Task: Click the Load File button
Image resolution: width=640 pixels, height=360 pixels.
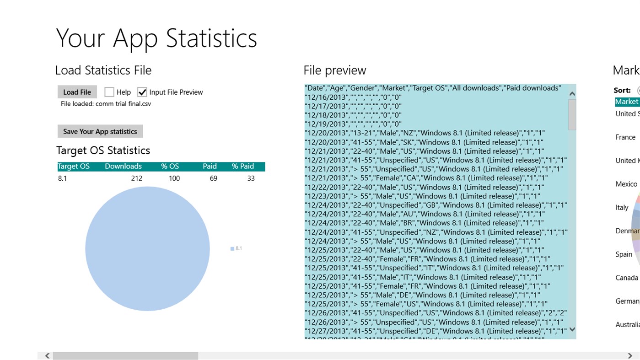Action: (77, 92)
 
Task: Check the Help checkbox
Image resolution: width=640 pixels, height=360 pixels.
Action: (109, 92)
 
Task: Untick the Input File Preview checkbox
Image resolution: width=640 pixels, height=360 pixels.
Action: (142, 92)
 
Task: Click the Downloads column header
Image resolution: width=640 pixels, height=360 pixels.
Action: (123, 167)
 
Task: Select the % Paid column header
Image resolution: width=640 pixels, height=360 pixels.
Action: (242, 167)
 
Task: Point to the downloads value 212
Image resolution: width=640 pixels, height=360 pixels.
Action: (136, 178)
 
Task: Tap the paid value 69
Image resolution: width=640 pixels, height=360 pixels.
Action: (213, 178)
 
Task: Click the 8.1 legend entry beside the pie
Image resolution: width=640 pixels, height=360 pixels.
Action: (237, 248)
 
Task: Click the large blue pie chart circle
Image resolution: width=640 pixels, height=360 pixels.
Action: (147, 249)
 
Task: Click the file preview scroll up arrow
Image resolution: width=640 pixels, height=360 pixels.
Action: (572, 94)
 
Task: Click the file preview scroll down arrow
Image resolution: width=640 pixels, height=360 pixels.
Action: (572, 329)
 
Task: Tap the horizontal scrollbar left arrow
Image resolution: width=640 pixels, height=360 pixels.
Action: (47, 355)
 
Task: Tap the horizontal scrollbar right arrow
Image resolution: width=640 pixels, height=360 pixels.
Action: (630, 355)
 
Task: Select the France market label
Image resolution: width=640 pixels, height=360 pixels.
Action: (625, 137)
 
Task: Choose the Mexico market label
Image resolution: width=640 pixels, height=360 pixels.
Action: (626, 184)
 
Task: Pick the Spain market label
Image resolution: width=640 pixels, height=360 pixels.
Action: (624, 254)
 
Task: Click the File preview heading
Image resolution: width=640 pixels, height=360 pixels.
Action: (334, 70)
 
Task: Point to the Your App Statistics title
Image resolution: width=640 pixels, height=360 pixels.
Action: (156, 38)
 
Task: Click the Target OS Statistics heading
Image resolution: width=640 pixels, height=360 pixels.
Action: (103, 150)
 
